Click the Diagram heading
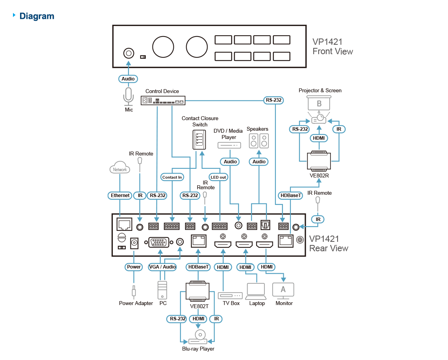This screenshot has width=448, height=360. click(37, 16)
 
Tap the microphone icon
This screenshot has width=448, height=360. click(128, 97)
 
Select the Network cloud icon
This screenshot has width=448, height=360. click(120, 168)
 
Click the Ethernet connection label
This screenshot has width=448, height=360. click(120, 195)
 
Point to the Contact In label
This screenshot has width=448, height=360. click(172, 177)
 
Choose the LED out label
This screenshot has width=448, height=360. click(218, 177)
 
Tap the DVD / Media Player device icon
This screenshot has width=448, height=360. click(229, 145)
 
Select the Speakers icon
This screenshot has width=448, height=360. click(259, 141)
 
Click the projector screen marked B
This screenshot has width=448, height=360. click(319, 104)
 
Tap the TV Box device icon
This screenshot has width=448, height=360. click(231, 295)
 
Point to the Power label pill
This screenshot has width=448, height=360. click(134, 267)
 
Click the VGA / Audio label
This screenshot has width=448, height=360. click(163, 267)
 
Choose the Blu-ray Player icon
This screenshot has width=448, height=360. click(200, 336)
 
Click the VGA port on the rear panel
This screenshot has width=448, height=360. click(158, 243)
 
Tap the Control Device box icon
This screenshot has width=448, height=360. click(163, 101)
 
